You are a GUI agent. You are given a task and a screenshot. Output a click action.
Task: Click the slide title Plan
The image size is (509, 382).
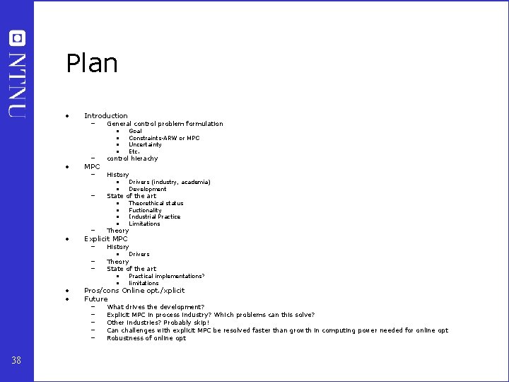tap(92, 64)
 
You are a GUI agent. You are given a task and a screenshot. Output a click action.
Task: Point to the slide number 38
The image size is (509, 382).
tap(17, 361)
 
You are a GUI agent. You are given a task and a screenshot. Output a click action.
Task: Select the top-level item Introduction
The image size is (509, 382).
tap(106, 116)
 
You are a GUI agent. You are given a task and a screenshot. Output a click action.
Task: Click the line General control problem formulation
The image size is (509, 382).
tap(165, 124)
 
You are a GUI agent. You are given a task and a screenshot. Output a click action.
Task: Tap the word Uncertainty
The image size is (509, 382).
tap(145, 145)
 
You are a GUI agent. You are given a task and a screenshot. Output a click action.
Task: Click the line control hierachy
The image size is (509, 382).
tap(132, 158)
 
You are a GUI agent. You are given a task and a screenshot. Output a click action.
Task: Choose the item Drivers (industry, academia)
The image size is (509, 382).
tap(169, 183)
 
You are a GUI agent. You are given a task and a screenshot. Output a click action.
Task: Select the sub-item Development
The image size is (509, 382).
tap(147, 190)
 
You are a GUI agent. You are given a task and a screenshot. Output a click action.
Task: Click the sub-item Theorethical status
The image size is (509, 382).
tap(156, 204)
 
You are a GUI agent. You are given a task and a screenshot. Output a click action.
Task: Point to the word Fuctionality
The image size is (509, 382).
tap(145, 210)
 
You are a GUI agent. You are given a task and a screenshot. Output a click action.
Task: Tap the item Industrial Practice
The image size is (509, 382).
tap(154, 217)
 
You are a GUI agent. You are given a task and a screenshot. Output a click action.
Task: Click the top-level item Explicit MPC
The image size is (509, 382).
tap(106, 239)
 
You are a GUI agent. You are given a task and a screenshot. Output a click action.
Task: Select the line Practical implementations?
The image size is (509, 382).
tap(166, 277)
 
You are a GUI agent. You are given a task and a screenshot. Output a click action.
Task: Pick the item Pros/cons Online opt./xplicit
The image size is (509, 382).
tap(134, 291)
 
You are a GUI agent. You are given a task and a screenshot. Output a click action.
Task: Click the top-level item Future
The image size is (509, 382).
tap(96, 299)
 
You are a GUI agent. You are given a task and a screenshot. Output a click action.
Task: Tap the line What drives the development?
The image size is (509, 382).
tap(156, 308)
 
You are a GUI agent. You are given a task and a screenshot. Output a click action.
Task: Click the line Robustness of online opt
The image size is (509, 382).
tap(146, 338)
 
